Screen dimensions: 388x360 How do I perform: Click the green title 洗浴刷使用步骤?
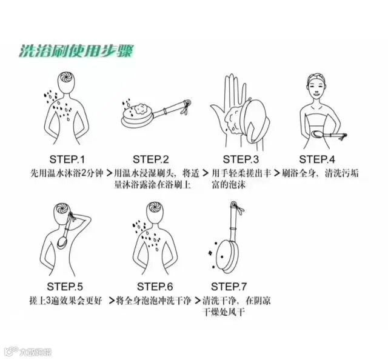pos(76,52)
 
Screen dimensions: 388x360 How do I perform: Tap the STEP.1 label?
pos(67,159)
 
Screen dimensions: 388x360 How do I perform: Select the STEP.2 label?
pos(151,159)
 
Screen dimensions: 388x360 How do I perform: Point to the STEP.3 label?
pos(241,159)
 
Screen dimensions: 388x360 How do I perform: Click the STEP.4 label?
pos(317,159)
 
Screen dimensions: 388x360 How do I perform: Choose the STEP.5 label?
pos(65,287)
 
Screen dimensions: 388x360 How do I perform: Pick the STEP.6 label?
pos(155,287)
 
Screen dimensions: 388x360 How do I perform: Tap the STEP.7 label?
pos(229,287)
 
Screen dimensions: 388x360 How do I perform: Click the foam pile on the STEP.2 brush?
pos(140,109)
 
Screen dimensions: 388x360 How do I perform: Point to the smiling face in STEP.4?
pos(316,88)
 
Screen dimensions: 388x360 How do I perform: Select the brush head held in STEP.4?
pos(318,134)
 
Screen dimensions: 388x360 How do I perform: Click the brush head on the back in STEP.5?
pos(62,242)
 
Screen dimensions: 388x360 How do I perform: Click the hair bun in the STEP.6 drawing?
pos(155,207)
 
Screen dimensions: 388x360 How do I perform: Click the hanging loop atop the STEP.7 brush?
pos(233,204)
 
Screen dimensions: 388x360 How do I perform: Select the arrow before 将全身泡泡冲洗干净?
pos(112,301)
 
